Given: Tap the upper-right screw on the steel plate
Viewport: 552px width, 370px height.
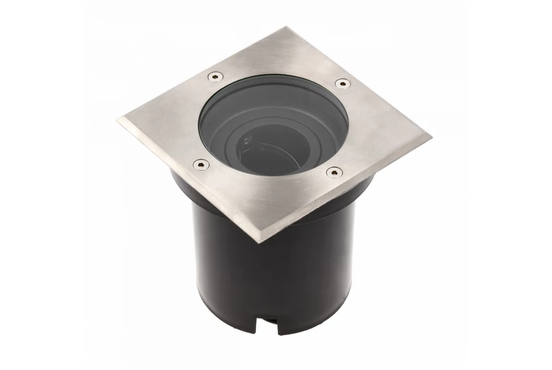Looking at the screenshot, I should (x=341, y=83).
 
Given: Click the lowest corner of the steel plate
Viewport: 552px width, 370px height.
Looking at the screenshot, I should (x=259, y=241).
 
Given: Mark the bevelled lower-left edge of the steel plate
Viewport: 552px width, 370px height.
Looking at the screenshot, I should (x=188, y=182).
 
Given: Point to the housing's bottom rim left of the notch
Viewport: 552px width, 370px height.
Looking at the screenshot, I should (x=228, y=319).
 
